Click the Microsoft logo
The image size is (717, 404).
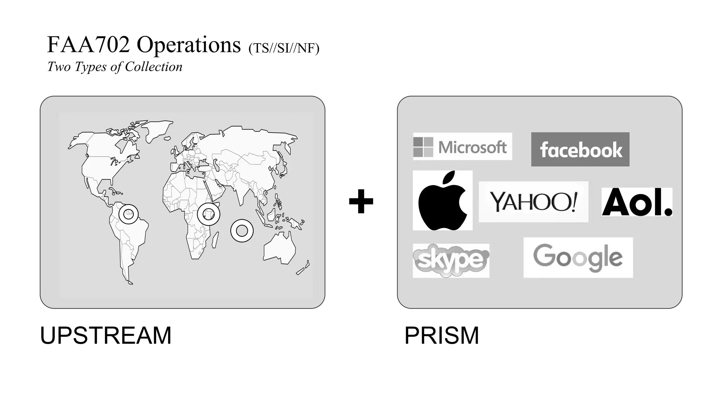click(462, 147)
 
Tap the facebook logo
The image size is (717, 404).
click(580, 149)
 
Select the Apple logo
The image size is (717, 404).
click(443, 201)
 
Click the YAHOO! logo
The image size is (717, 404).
click(533, 202)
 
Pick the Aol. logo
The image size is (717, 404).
click(637, 202)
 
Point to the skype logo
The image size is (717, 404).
click(451, 261)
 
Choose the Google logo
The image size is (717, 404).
click(578, 258)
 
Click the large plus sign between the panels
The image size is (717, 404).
click(361, 201)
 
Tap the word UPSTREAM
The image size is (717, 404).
click(106, 336)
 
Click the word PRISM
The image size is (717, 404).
click(441, 336)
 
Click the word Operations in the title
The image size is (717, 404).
click(189, 45)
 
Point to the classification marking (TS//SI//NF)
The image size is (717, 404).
click(284, 48)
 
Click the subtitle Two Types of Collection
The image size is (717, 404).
click(115, 67)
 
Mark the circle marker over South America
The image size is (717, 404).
click(128, 214)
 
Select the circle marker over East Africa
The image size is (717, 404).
click(209, 214)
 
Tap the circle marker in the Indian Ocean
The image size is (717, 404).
click(242, 231)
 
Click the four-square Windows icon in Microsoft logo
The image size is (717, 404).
click(423, 147)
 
